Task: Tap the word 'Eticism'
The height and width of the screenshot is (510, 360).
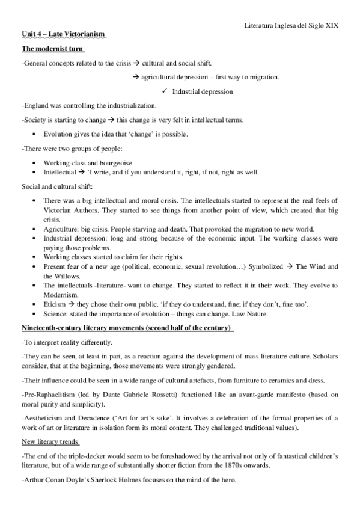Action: (55, 306)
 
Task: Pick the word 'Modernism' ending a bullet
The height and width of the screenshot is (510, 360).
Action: (60, 295)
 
